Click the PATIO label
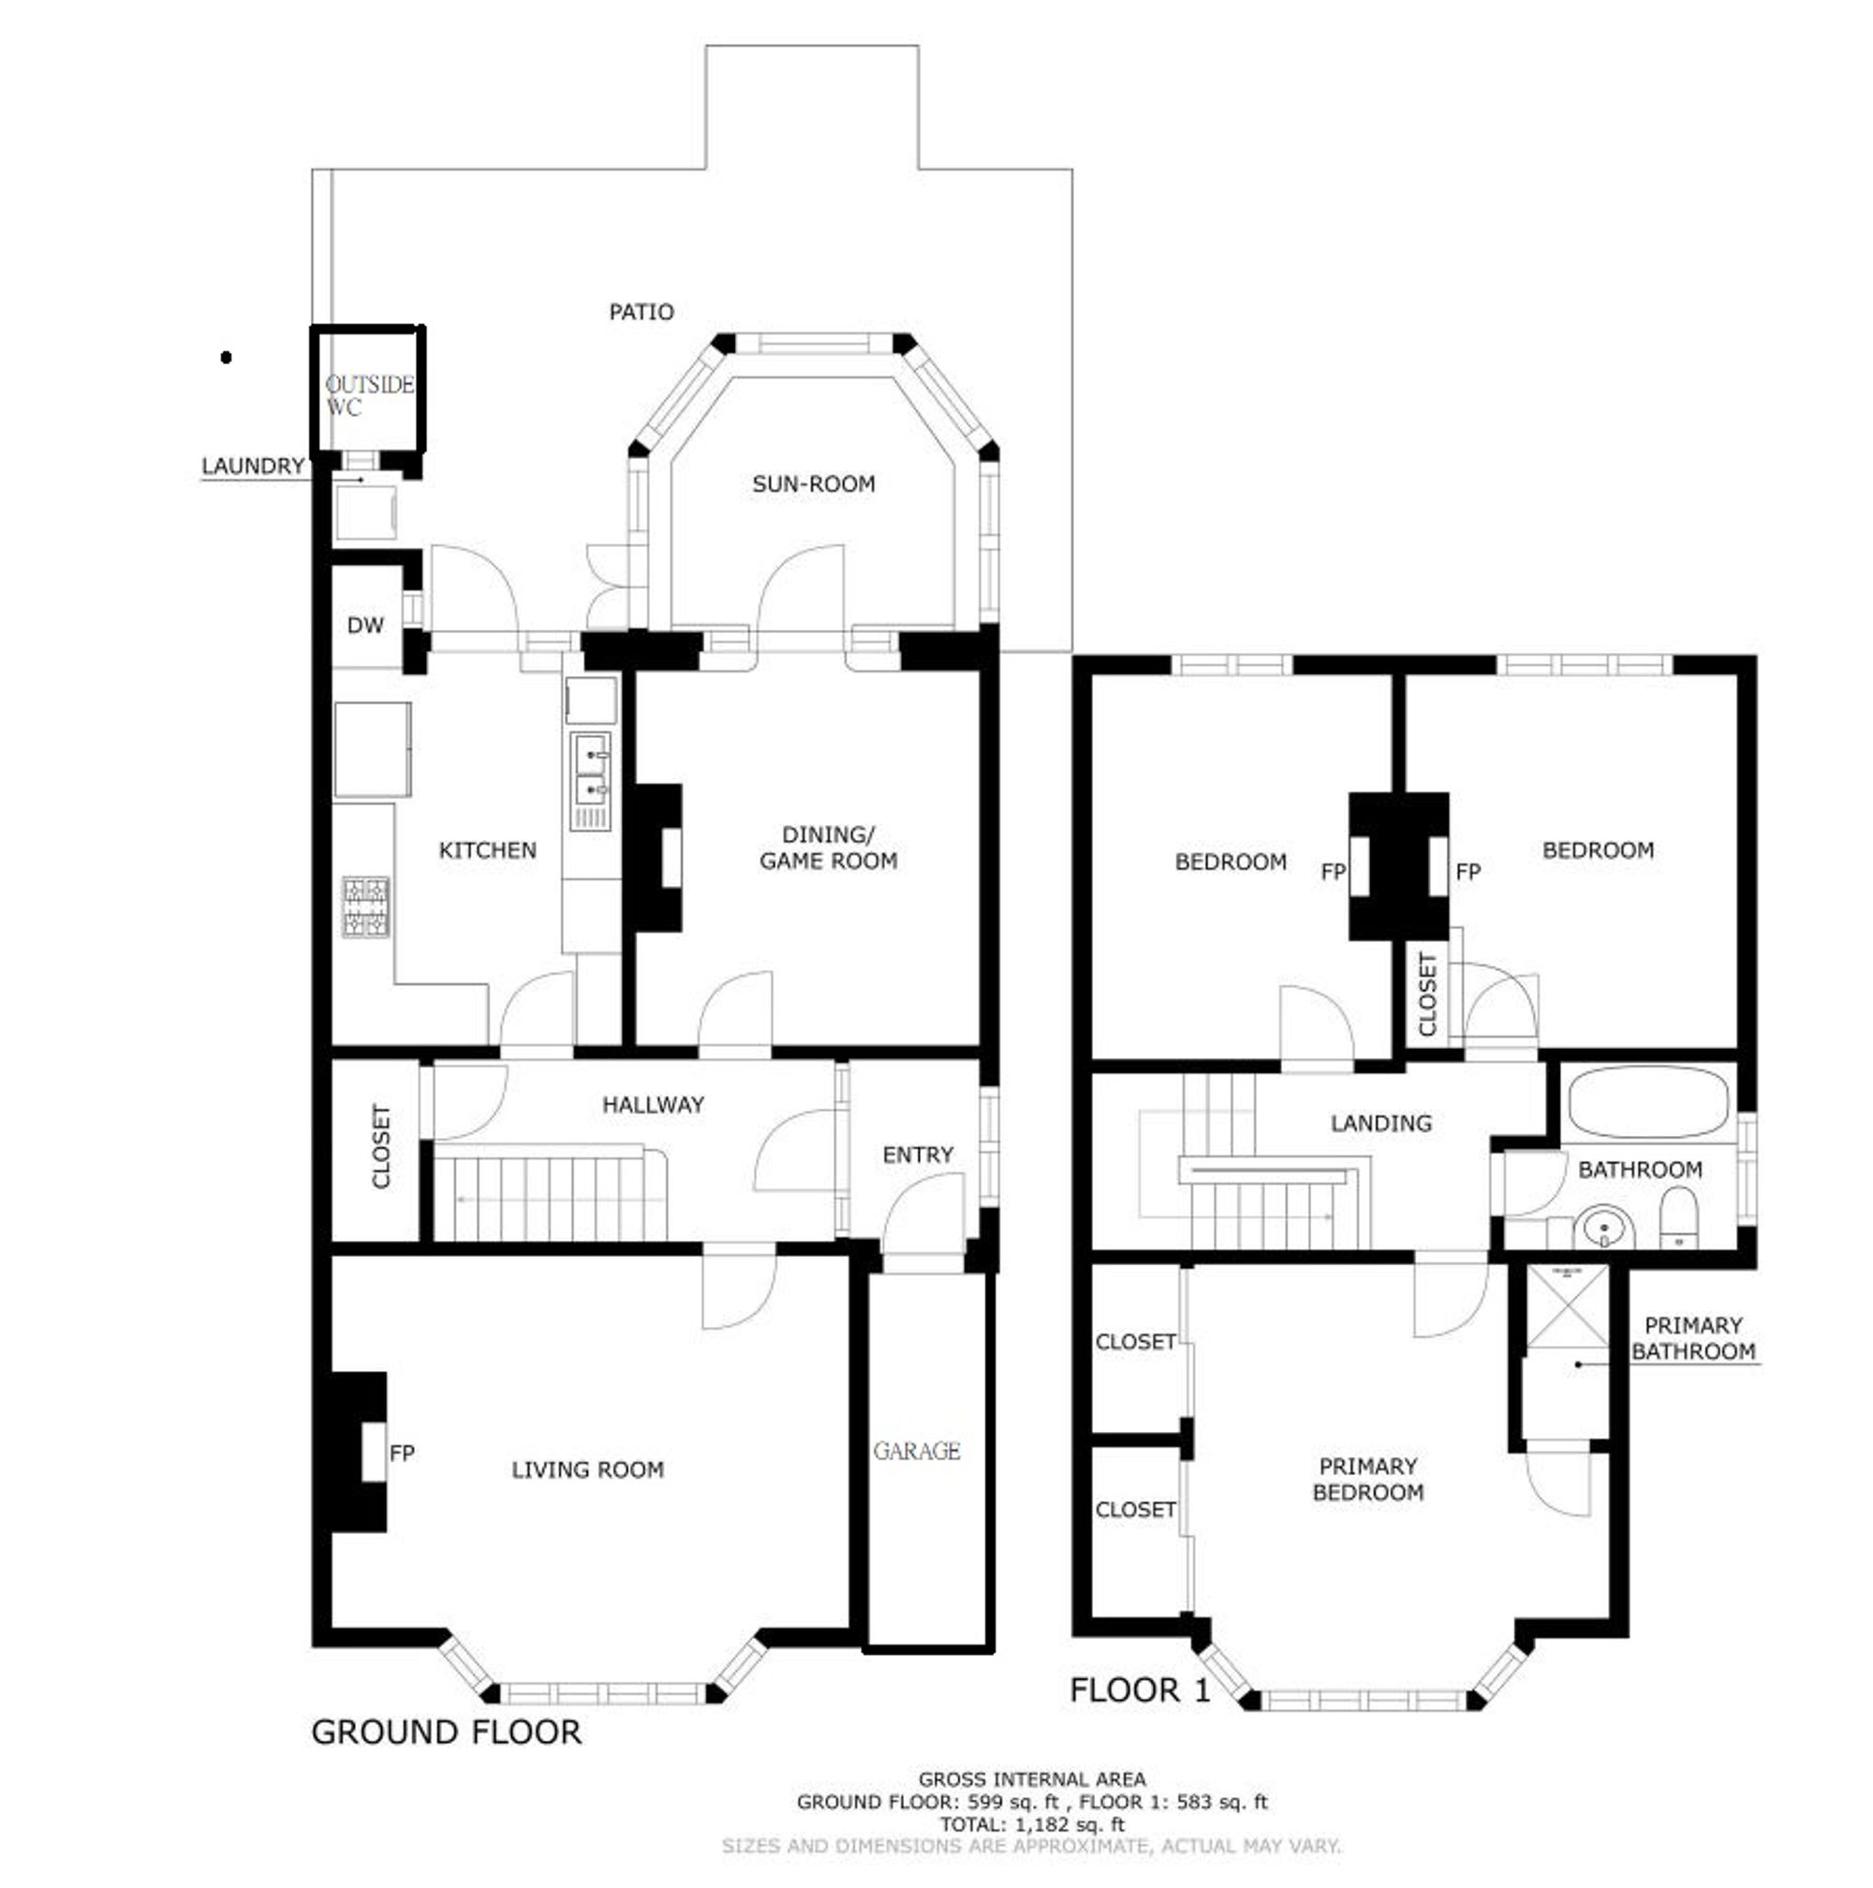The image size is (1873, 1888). tap(641, 313)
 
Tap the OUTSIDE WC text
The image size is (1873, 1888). tap(368, 396)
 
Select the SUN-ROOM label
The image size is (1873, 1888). tap(813, 484)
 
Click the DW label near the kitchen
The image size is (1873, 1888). tap(365, 627)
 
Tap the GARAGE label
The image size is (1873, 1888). tap(917, 1453)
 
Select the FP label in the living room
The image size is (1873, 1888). tap(402, 1454)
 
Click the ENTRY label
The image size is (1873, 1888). tap(918, 1155)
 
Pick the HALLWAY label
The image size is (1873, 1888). tap(653, 1105)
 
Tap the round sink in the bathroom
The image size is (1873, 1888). tap(1603, 1230)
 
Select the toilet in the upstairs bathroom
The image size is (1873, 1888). tap(1679, 1218)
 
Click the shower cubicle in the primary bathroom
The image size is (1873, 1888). tap(1567, 1306)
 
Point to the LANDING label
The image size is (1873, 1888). tap(1380, 1124)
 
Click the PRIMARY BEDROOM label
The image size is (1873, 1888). tap(1367, 1480)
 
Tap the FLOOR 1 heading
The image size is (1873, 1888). tap(1139, 1689)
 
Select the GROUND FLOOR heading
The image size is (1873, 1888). tap(447, 1732)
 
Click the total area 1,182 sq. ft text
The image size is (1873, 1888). tap(1032, 1823)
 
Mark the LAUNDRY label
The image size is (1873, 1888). tap(253, 466)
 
